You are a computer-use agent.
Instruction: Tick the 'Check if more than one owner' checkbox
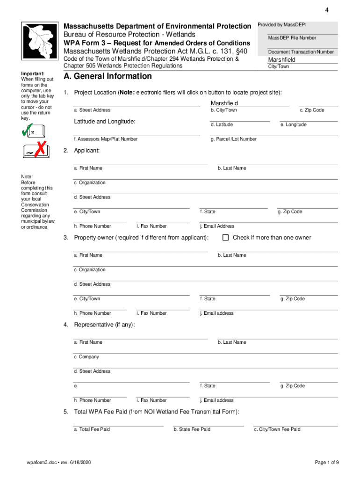225,238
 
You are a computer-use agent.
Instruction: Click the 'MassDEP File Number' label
292,38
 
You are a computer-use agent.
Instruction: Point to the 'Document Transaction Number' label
301,52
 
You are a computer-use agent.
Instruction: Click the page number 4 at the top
327,10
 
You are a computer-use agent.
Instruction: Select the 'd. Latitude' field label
222,125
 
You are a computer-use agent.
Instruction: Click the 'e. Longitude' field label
293,125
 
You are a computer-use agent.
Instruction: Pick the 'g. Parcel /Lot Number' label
233,139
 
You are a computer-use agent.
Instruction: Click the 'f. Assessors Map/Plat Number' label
106,139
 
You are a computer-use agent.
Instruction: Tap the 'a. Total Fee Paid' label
92,429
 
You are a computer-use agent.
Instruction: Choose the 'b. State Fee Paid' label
192,429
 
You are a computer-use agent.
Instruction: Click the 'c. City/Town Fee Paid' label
277,429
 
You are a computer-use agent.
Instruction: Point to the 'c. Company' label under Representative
86,357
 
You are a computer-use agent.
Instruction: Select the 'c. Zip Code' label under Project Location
312,110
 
